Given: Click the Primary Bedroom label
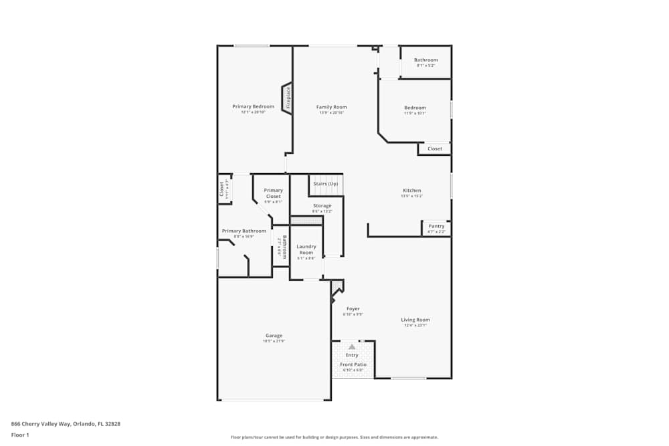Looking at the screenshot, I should click(x=254, y=107).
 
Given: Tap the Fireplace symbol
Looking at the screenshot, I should click(x=288, y=98).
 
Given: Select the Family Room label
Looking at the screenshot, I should click(x=332, y=107).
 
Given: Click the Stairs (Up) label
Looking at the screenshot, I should click(x=326, y=184).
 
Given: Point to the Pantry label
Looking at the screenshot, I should click(x=436, y=226).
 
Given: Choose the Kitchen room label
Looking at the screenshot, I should click(x=411, y=191).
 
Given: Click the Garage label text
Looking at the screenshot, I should click(x=274, y=336).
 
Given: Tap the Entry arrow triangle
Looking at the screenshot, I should click(x=352, y=347).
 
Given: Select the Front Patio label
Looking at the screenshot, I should click(x=353, y=364).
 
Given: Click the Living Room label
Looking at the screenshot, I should click(x=415, y=320).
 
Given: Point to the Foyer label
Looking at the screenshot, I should click(x=353, y=309).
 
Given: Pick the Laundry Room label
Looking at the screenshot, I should click(x=306, y=249).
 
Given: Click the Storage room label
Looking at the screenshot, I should click(x=322, y=206).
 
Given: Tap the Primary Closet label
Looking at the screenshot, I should click(x=273, y=193).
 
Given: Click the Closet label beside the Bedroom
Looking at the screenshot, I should click(x=435, y=149).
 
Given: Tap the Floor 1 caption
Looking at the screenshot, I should click(x=20, y=435).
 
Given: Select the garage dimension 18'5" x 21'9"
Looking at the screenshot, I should click(x=274, y=342).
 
